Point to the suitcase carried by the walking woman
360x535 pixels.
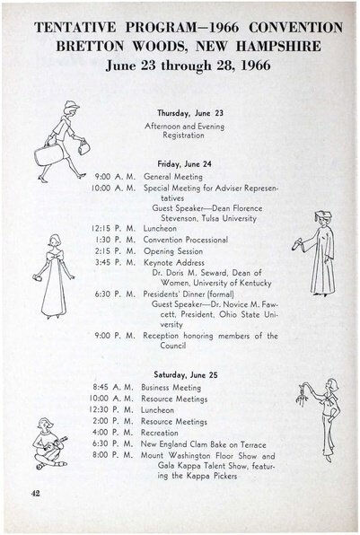pyautogui.click(x=48, y=153)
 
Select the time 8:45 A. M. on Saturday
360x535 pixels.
pyautogui.click(x=114, y=388)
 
